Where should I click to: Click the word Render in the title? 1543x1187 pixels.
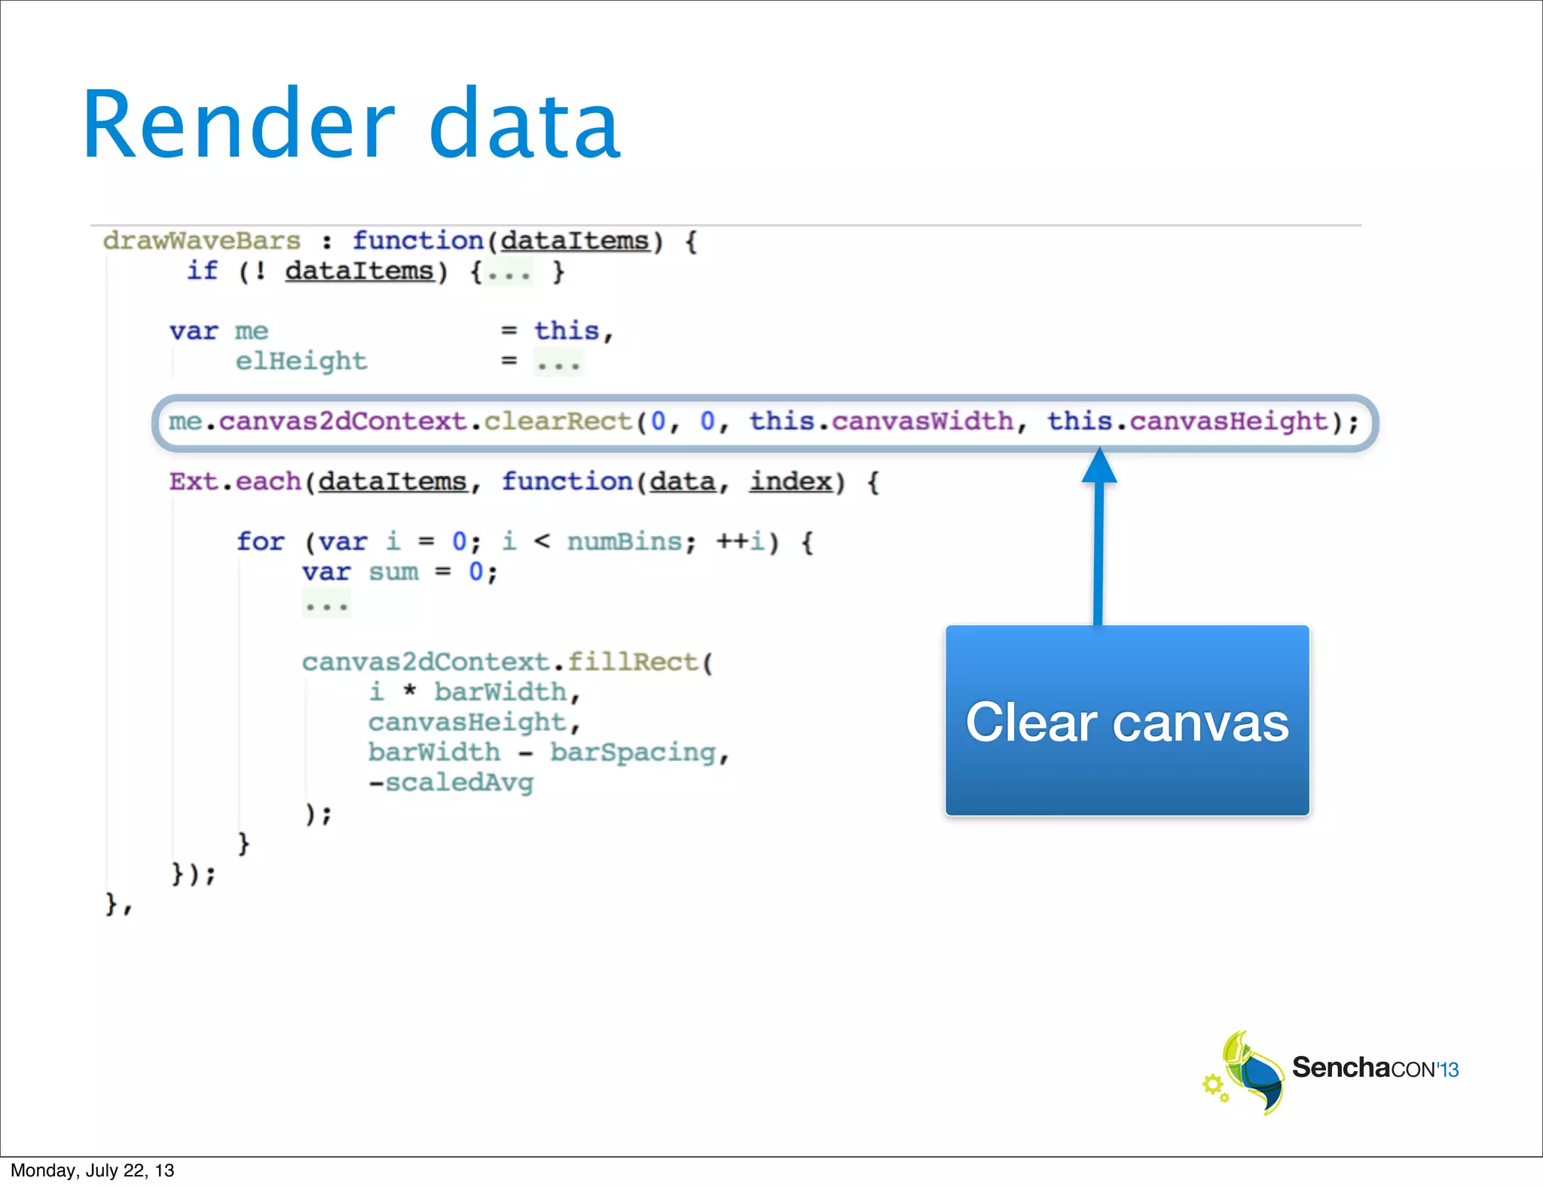point(238,125)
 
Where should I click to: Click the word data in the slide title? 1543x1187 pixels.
point(524,125)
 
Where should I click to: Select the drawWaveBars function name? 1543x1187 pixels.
point(202,241)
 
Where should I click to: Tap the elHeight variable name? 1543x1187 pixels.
point(301,362)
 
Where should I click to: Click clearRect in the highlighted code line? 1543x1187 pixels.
point(558,422)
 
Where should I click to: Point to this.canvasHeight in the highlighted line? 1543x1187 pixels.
point(1187,422)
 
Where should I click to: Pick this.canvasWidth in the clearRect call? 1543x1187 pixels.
point(881,422)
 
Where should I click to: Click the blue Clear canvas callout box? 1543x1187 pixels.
point(1127,720)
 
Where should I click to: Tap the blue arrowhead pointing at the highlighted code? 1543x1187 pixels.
point(1099,467)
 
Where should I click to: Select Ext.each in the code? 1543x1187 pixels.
point(235,482)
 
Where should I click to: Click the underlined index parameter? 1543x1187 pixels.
point(790,482)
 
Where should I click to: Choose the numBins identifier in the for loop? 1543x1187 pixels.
point(624,542)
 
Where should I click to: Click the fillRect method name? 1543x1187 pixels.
point(633,663)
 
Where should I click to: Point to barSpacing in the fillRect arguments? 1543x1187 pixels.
point(633,753)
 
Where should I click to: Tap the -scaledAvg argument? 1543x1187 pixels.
point(451,783)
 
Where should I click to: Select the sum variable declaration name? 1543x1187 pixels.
point(393,572)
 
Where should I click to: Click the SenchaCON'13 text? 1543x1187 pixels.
point(1375,1069)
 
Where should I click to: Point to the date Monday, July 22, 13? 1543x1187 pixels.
point(92,1170)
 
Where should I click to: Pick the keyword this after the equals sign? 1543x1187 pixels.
point(567,331)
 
